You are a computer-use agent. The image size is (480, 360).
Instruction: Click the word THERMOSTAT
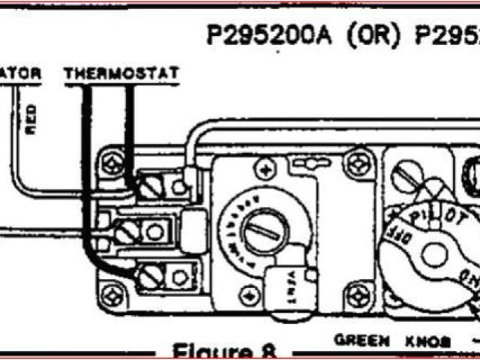point(121,73)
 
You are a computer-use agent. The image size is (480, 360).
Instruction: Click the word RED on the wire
point(31,119)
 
